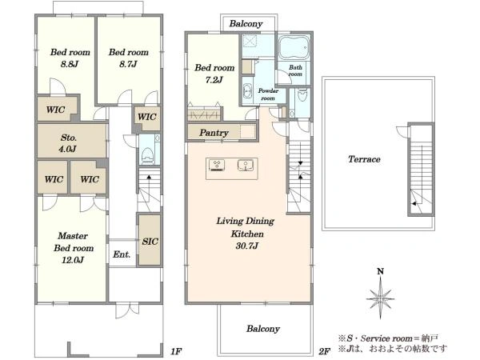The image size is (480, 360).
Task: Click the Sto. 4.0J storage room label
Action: [68, 143]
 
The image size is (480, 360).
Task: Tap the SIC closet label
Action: [150, 242]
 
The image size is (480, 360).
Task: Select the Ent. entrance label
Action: [122, 254]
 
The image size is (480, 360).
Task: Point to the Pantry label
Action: [214, 133]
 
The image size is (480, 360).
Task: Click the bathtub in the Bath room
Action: [294, 47]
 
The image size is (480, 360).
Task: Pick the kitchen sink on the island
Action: [246, 166]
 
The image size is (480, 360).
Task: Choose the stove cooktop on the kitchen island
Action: [217, 166]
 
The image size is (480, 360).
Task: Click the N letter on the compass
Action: [380, 271]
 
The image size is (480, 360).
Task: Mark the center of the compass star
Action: [380, 298]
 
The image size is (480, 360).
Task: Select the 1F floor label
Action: [176, 351]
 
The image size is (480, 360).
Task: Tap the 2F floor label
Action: [325, 351]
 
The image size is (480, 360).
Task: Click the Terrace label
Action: [364, 159]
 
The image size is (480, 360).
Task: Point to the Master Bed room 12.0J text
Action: [74, 248]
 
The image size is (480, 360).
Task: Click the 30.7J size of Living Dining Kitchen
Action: [246, 246]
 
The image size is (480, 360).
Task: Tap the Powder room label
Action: [268, 94]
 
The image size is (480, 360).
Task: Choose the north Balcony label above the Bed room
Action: [246, 24]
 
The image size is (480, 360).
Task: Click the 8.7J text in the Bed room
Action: [128, 64]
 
